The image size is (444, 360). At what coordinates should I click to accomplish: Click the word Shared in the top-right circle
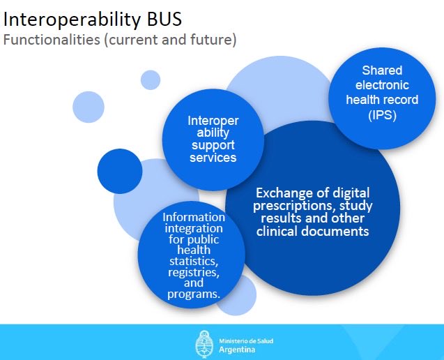382,70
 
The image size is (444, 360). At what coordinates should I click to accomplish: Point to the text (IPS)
382,115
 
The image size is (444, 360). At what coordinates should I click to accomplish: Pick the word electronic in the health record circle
382,85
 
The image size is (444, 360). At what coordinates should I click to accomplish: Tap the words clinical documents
312,231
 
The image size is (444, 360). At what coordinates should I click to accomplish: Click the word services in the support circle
213,158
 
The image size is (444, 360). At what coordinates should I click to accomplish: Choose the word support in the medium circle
213,145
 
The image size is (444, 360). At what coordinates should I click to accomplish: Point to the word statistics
194,261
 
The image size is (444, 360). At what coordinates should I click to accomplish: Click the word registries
194,272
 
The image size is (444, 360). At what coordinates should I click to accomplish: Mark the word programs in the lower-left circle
194,294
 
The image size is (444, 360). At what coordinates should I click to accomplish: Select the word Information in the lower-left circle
194,217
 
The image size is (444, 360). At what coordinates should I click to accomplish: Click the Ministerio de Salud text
245,340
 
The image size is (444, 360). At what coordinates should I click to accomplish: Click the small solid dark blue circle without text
119,171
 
